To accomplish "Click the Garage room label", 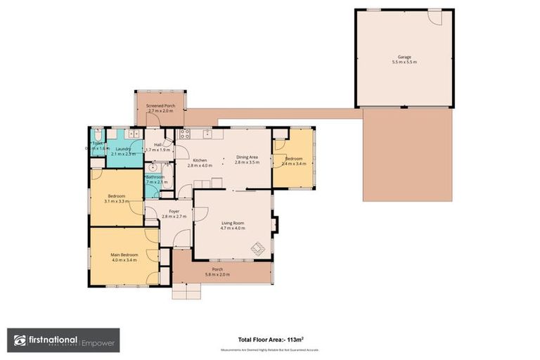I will pyautogui.click(x=404, y=57).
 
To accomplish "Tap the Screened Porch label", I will pyautogui.click(x=160, y=105).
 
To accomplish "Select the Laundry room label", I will pyautogui.click(x=124, y=148).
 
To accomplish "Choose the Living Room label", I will pyautogui.click(x=232, y=222).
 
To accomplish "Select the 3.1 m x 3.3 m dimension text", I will pyautogui.click(x=117, y=200).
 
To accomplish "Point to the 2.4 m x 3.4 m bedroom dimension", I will pyautogui.click(x=293, y=164).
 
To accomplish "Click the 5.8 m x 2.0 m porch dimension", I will pyautogui.click(x=217, y=274).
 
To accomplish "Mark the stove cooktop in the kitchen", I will pyautogui.click(x=186, y=133).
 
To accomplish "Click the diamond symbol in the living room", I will pyautogui.click(x=258, y=248).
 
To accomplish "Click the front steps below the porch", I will pyautogui.click(x=186, y=291).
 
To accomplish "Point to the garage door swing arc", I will pyautogui.click(x=437, y=18).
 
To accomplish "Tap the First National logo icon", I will pyautogui.click(x=20, y=340).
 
